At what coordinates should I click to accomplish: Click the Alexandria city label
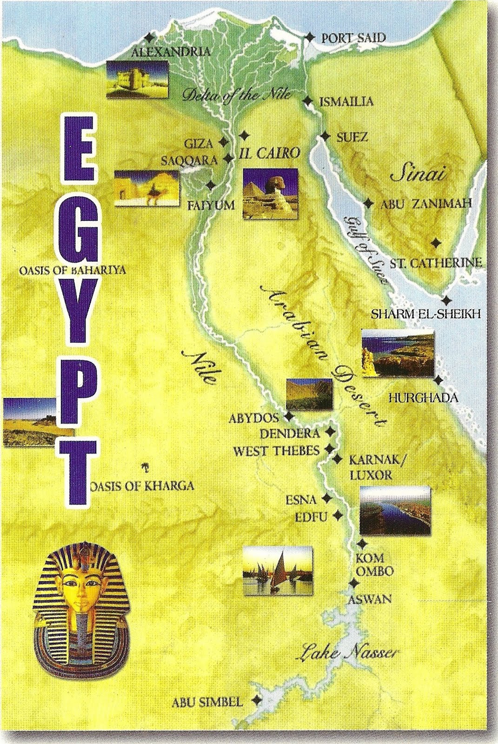coord(171,52)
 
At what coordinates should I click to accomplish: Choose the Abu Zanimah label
coord(426,204)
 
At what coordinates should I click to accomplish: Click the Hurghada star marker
coord(438,380)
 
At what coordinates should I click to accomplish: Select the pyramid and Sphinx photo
coord(270,193)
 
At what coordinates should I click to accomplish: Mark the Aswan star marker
coord(355,583)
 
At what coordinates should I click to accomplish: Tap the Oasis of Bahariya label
coord(73,271)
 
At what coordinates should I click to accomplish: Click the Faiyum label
coord(211,205)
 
